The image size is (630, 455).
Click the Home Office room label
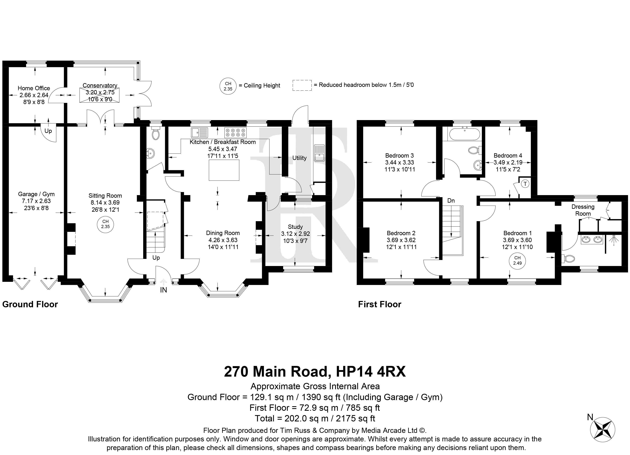click(34, 88)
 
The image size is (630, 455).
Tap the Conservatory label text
click(100, 86)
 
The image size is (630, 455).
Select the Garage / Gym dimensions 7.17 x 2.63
click(36, 201)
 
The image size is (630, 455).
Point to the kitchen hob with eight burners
click(235, 133)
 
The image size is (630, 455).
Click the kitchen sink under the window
click(199, 133)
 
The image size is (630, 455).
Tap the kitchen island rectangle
click(224, 170)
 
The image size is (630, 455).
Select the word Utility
click(299, 158)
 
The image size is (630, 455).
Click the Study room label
click(295, 227)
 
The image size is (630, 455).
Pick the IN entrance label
click(164, 290)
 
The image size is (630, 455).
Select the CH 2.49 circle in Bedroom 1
click(517, 261)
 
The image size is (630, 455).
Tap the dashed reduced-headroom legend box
click(302, 85)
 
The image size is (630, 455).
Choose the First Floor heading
click(380, 305)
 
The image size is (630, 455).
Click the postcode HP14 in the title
click(354, 372)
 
